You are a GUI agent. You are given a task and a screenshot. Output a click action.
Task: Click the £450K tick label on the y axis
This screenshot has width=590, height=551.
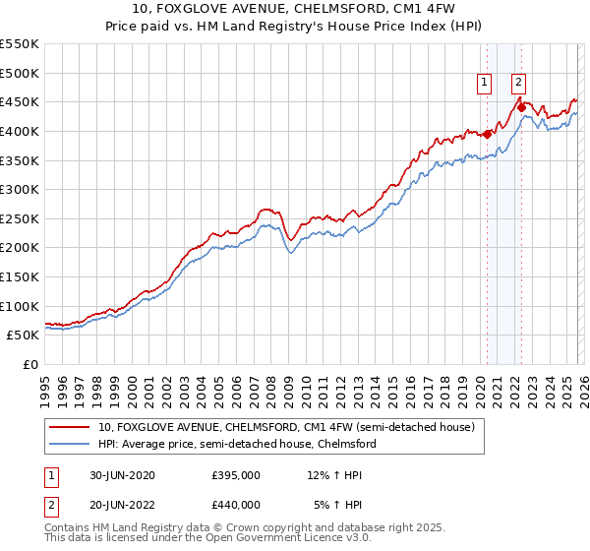20,102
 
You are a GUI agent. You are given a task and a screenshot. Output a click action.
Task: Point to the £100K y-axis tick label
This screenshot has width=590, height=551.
20,306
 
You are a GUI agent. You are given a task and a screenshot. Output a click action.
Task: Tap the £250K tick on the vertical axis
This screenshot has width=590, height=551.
20,218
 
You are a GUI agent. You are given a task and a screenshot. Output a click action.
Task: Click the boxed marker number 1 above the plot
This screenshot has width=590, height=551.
486,84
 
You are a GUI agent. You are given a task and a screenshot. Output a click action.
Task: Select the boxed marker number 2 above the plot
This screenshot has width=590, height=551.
518,84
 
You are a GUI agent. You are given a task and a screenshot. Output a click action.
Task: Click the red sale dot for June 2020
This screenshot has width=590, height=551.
487,135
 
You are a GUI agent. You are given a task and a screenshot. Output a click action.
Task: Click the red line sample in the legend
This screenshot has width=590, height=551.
70,428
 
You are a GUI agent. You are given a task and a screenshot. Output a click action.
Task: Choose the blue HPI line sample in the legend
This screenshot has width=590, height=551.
70,444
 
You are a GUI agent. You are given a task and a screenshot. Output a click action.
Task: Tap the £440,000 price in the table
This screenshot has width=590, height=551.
236,505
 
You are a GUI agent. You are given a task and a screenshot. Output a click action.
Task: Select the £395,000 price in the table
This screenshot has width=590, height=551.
236,475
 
